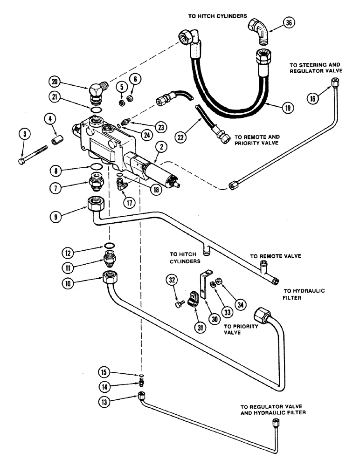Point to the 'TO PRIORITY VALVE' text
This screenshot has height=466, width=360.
[241, 329]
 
